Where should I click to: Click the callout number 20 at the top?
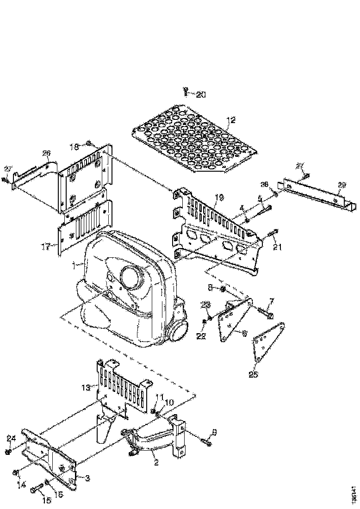coord(200,94)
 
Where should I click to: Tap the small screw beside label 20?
coord(186,92)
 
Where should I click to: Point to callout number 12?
coord(231,120)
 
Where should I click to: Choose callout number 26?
coord(46,153)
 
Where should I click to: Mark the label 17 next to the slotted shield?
coord(45,248)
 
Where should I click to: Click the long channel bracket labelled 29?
coord(319,196)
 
